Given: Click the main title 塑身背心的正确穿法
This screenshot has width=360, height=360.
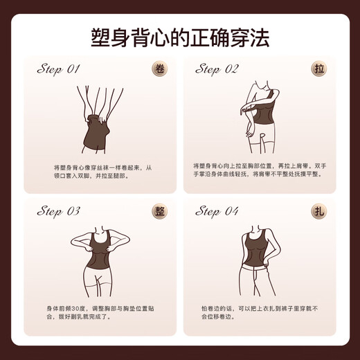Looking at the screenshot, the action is pyautogui.click(x=180, y=38).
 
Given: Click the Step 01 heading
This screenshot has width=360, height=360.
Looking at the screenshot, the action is pyautogui.click(x=59, y=69).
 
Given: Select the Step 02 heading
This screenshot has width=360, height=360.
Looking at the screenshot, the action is pyautogui.click(x=217, y=69).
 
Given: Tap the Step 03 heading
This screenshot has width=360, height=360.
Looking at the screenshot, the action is pyautogui.click(x=59, y=211).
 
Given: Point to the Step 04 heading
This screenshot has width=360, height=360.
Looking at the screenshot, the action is pyautogui.click(x=217, y=211).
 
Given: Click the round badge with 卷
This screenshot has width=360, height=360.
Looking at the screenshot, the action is pyautogui.click(x=160, y=69).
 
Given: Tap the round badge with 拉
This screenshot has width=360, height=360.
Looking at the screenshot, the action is pyautogui.click(x=319, y=69).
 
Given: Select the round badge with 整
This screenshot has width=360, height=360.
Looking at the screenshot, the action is pyautogui.click(x=160, y=211).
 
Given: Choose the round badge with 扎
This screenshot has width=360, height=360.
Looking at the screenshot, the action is pyautogui.click(x=319, y=211).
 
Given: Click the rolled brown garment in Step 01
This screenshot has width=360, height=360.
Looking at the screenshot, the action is pyautogui.click(x=96, y=133).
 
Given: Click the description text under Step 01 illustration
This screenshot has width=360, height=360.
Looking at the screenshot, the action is pyautogui.click(x=103, y=172).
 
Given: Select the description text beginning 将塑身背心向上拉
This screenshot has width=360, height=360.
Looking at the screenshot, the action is pyautogui.click(x=260, y=170).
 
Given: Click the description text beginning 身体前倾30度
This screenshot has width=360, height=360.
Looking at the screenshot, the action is pyautogui.click(x=100, y=313).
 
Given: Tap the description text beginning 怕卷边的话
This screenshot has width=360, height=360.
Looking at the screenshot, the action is pyautogui.click(x=260, y=313).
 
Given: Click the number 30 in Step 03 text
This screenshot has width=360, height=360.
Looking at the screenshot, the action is pyautogui.click(x=75, y=309).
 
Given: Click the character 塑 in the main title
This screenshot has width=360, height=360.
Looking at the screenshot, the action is pyautogui.click(x=100, y=38).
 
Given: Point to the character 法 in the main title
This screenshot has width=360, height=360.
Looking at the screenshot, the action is pyautogui.click(x=260, y=38).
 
